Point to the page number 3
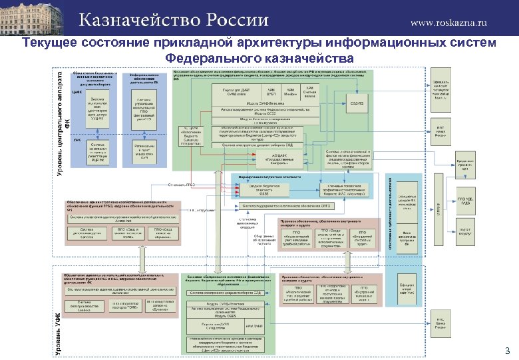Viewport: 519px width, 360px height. (506, 351)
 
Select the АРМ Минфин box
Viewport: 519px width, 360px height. (291, 93)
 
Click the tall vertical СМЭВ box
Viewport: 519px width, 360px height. (438, 213)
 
